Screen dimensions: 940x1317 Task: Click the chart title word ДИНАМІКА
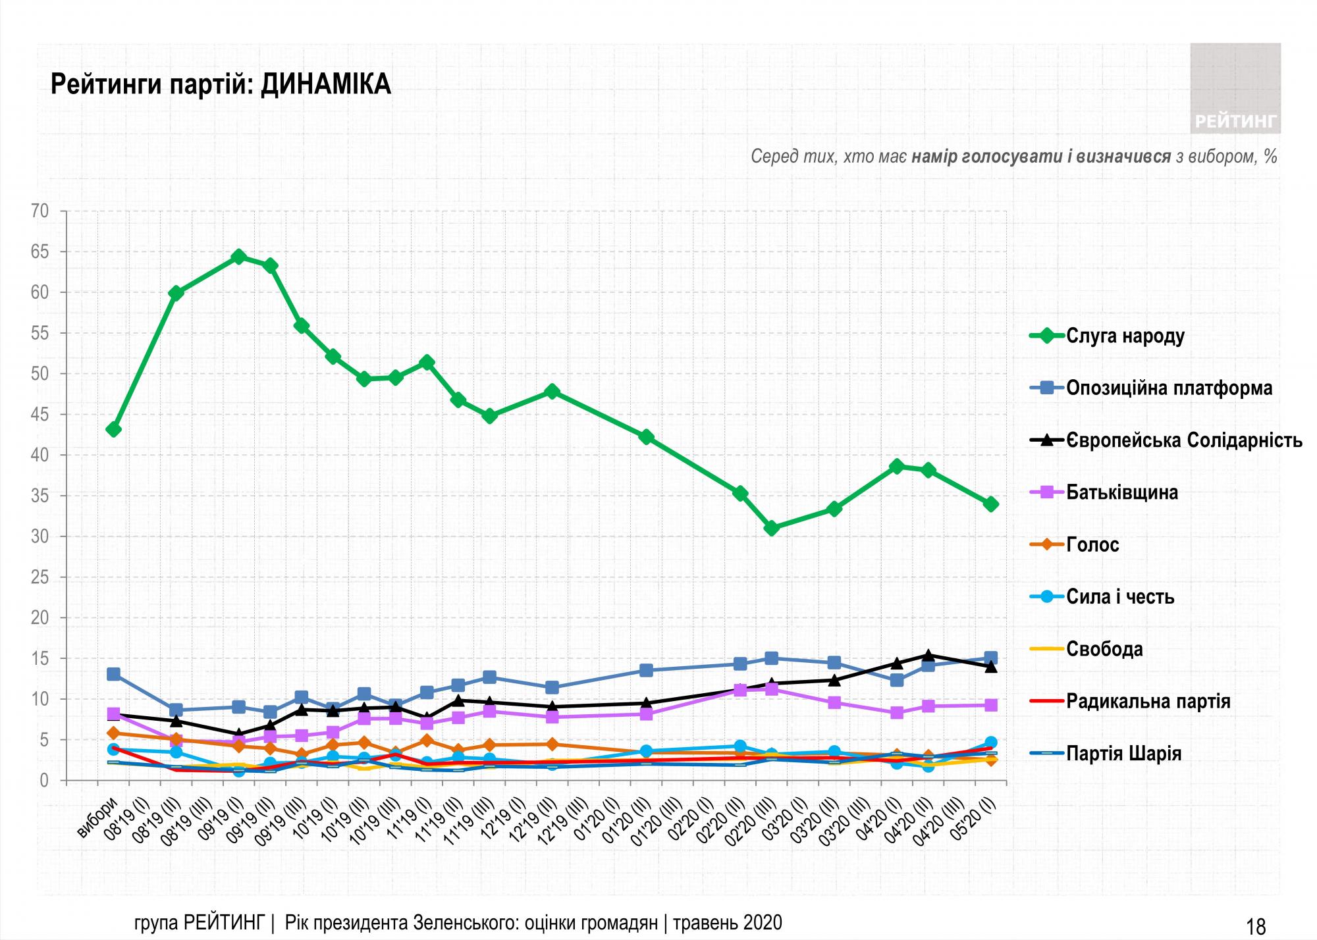coord(325,86)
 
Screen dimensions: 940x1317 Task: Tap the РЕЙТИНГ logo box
coord(1235,88)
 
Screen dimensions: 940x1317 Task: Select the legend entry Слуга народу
coord(1125,336)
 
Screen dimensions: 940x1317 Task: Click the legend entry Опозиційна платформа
coord(1169,388)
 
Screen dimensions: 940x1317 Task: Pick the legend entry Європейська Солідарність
coord(1184,440)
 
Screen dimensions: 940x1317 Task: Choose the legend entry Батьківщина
coord(1121,492)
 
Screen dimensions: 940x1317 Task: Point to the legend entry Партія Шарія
coord(1123,753)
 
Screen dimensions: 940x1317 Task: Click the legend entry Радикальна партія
coord(1148,701)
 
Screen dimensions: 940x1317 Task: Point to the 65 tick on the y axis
coord(40,252)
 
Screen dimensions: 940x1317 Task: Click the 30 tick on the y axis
coord(40,536)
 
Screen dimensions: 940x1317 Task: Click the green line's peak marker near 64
coord(239,257)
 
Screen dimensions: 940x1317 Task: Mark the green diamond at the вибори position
coord(113,430)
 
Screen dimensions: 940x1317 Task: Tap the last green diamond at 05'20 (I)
coord(990,504)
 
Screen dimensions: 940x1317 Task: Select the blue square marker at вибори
coord(113,674)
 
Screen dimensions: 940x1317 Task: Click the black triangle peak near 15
coord(928,655)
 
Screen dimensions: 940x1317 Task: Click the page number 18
coord(1256,926)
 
